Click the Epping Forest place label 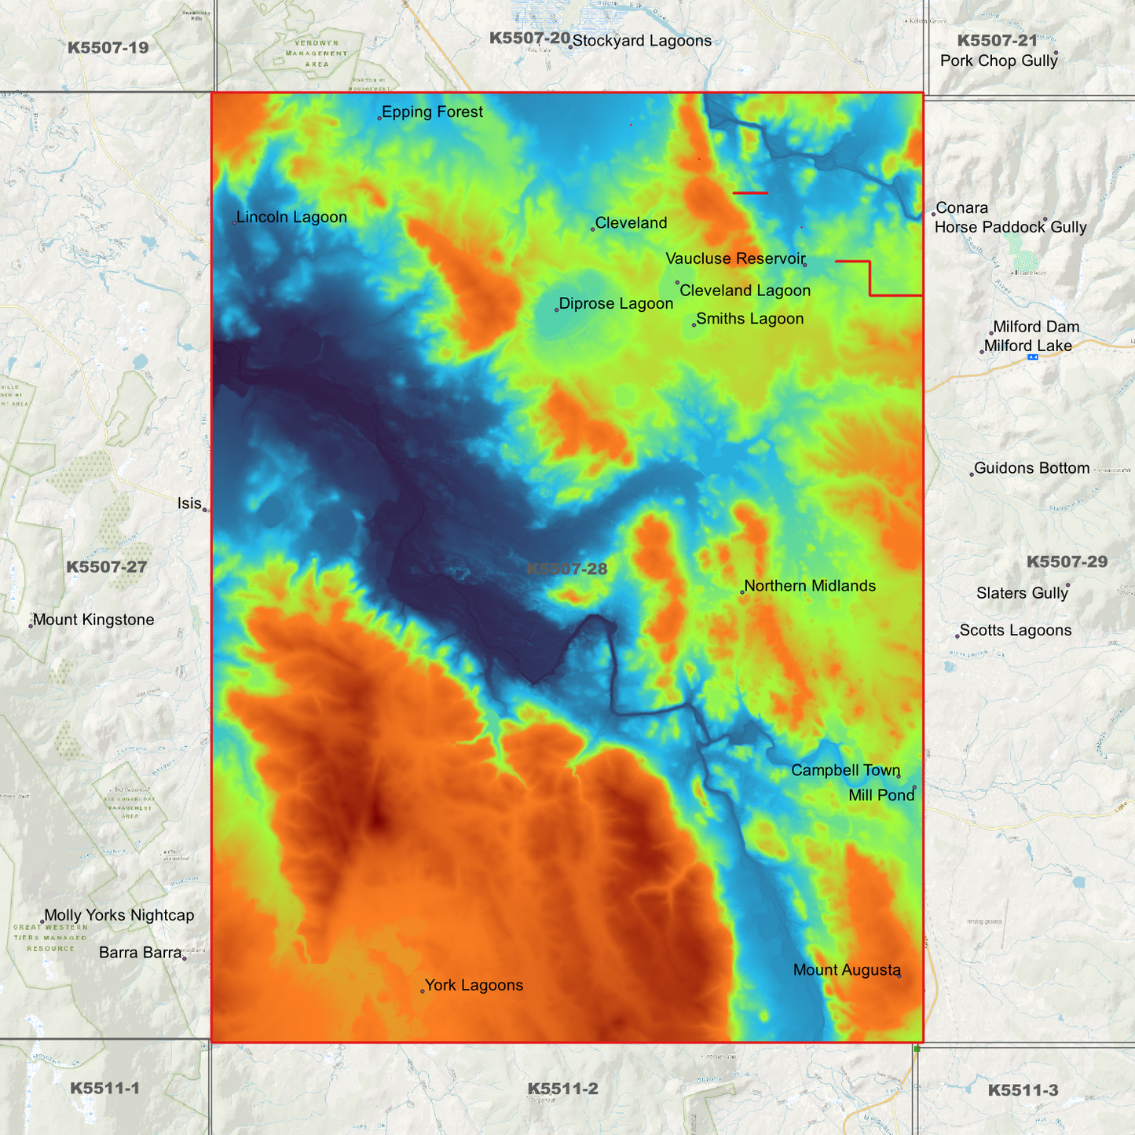(x=432, y=112)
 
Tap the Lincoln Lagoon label (x=291, y=218)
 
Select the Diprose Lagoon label (x=616, y=304)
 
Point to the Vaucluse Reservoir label (x=735, y=258)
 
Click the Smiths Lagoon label (x=749, y=319)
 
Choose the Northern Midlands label (x=809, y=586)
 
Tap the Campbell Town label (x=845, y=771)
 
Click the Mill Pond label (x=881, y=796)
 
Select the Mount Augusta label (x=847, y=970)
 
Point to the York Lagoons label (x=474, y=986)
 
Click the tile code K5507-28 (x=567, y=569)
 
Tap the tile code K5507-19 (x=108, y=48)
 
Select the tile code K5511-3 (x=1023, y=1090)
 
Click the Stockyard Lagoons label (x=642, y=41)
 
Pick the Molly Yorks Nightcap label (x=119, y=915)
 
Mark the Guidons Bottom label (x=1031, y=469)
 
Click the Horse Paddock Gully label (x=1010, y=228)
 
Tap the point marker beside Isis (x=206, y=510)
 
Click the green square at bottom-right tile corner (x=917, y=1049)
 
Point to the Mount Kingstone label (x=93, y=620)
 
